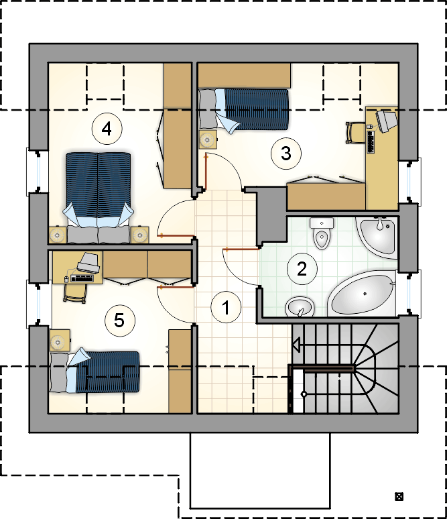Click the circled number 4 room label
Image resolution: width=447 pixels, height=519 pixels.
[x=107, y=129]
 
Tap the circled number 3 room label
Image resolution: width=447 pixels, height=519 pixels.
[x=286, y=154]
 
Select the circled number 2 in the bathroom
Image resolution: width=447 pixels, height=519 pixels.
[x=302, y=269]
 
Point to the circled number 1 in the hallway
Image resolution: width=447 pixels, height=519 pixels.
[x=226, y=308]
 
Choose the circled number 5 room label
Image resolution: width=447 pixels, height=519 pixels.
[x=119, y=321]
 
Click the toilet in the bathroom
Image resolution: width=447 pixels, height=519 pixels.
[x=321, y=233]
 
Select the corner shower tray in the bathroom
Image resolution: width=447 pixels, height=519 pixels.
[x=377, y=236]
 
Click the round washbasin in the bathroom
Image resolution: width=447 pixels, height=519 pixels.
[x=300, y=306]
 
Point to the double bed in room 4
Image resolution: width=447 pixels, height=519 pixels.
[x=98, y=198]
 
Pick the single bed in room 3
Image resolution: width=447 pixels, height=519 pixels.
[x=244, y=109]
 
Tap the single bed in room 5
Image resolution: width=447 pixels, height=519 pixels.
[x=94, y=371]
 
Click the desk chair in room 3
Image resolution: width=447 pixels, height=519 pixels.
[x=355, y=133]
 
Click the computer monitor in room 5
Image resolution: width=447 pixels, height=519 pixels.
[x=88, y=263]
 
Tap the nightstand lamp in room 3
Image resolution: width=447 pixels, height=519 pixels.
[x=208, y=139]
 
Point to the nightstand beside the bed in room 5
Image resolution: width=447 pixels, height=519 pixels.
[x=60, y=340]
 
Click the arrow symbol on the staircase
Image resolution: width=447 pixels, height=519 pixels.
[x=296, y=345]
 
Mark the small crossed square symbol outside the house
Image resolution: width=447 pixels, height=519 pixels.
[x=399, y=496]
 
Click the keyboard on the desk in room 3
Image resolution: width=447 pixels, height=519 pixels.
[x=370, y=141]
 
